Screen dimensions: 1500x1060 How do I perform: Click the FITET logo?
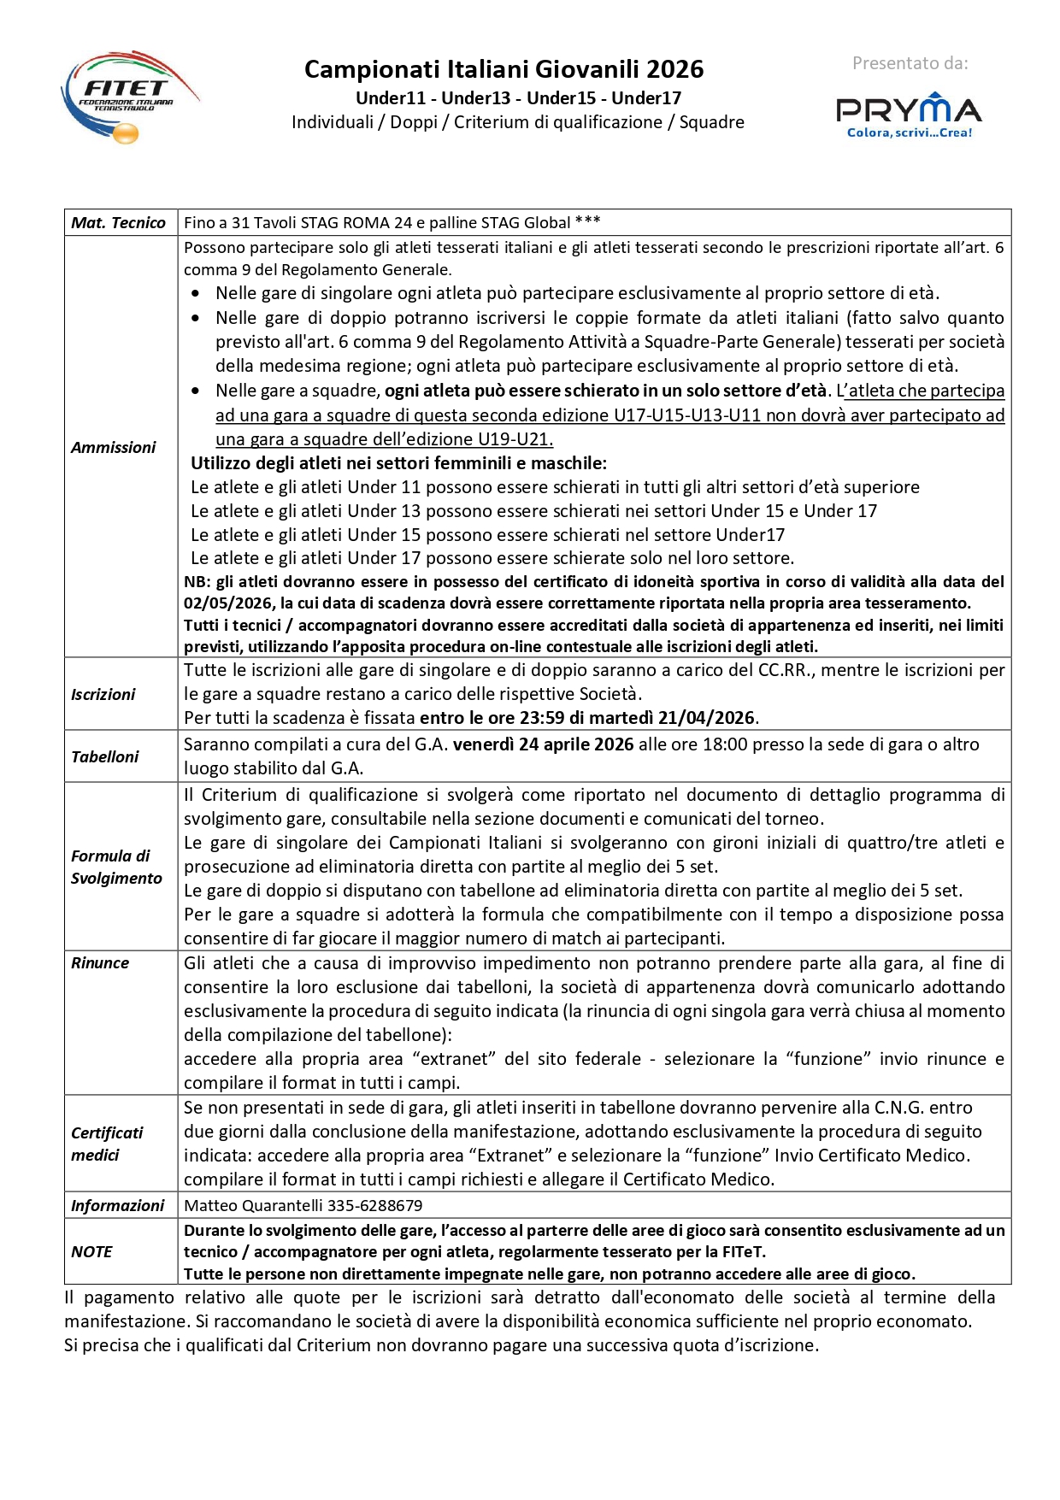tap(128, 96)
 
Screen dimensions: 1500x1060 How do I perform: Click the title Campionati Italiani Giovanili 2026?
tap(503, 69)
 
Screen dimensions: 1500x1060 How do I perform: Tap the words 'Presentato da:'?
tap(910, 63)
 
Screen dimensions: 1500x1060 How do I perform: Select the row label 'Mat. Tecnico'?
tap(118, 223)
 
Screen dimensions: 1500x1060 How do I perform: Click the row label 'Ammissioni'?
tap(113, 447)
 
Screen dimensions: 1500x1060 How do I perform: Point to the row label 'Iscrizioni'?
tap(103, 694)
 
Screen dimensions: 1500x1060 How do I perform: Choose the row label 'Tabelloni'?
tap(104, 756)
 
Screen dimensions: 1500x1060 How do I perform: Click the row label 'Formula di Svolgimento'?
tap(115, 867)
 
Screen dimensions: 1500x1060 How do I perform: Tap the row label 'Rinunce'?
tap(100, 962)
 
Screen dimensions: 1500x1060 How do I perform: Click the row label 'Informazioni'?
tap(117, 1205)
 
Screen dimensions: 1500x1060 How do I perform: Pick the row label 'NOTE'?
tap(91, 1251)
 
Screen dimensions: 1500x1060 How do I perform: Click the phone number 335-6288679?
tap(375, 1206)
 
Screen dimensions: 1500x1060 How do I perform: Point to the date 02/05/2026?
tap(228, 603)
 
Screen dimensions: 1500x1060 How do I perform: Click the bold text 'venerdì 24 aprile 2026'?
tap(543, 744)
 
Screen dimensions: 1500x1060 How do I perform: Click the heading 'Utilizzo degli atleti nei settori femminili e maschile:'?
tap(398, 463)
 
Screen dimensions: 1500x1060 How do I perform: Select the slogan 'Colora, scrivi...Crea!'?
tap(909, 132)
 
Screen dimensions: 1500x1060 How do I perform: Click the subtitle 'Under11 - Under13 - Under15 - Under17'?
tap(518, 98)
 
